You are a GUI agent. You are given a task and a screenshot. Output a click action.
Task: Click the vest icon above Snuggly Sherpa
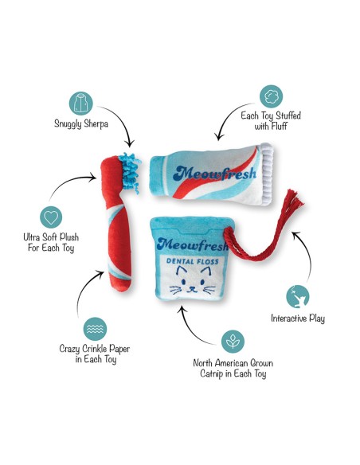coord(81,104)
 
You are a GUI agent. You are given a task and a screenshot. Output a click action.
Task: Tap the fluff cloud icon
coord(271,96)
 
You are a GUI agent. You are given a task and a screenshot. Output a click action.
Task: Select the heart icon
coord(51,217)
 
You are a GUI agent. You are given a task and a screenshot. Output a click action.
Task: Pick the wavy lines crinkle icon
coord(95,329)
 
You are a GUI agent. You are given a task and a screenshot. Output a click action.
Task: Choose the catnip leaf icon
coord(233,342)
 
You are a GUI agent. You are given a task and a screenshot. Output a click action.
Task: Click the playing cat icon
coord(297,296)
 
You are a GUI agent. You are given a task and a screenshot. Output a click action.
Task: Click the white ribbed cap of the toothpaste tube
coord(267,174)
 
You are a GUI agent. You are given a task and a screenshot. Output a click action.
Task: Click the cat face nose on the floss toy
coord(192,287)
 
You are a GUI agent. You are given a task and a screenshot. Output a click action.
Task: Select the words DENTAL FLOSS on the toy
coord(193,261)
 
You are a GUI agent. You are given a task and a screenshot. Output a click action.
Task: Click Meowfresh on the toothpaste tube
coord(214,174)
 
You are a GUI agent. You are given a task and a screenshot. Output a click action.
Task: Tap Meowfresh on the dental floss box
coord(193,244)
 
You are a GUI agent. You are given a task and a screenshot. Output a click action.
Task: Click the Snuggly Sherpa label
coord(81,123)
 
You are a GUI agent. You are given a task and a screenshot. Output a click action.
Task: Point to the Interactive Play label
coord(298,318)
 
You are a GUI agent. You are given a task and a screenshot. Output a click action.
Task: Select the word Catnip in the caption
coord(212,373)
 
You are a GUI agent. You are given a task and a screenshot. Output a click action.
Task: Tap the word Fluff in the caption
coord(280,126)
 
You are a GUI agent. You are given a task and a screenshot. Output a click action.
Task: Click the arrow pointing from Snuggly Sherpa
coord(123,119)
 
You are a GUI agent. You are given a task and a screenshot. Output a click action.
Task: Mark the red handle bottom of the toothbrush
coord(121,284)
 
